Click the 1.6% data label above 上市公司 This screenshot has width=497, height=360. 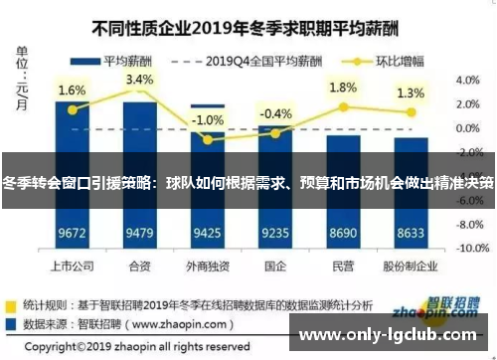(72, 90)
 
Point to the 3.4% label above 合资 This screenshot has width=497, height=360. (140, 80)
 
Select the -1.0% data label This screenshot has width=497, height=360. (208, 120)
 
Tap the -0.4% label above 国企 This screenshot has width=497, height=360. (275, 113)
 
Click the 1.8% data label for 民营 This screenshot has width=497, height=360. (343, 87)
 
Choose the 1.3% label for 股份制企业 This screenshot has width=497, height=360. (411, 92)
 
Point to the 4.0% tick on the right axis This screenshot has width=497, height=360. (468, 80)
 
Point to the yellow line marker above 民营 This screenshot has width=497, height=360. (343, 106)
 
